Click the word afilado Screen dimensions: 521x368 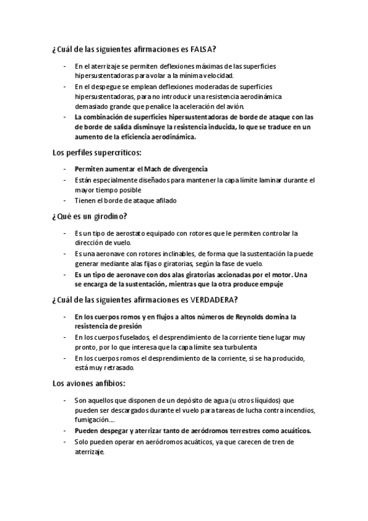[162, 200]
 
